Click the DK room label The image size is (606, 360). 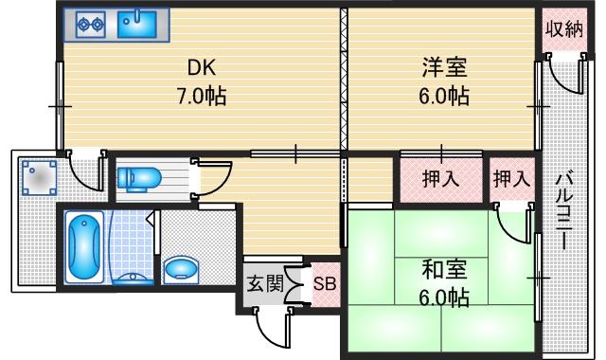(x=201, y=68)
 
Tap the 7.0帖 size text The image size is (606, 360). (x=201, y=96)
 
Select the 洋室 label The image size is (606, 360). (x=445, y=68)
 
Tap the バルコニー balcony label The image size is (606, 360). (x=565, y=210)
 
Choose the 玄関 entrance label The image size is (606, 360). (x=266, y=282)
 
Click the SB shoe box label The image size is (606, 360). (x=324, y=283)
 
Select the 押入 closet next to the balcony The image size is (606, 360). (x=512, y=179)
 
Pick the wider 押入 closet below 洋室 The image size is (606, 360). (x=440, y=179)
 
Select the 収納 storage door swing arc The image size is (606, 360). (x=565, y=73)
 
